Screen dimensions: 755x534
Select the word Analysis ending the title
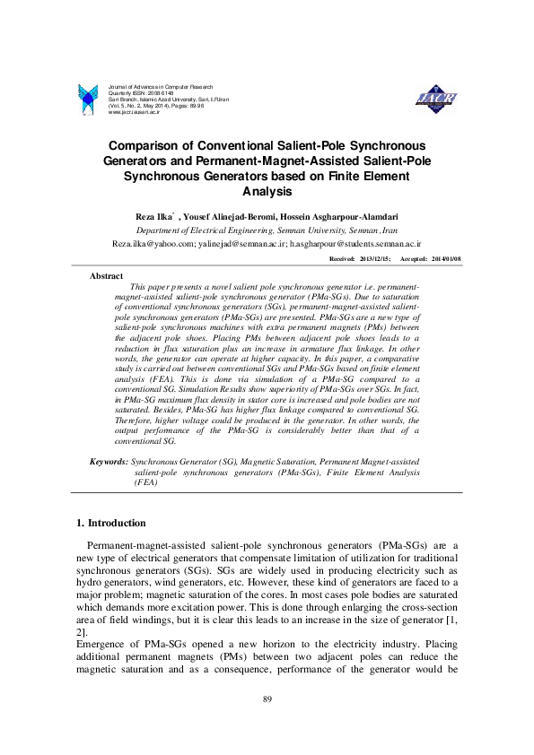click(267, 190)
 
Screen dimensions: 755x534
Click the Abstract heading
click(108, 276)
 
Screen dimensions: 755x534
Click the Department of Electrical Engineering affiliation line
click(267, 230)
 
